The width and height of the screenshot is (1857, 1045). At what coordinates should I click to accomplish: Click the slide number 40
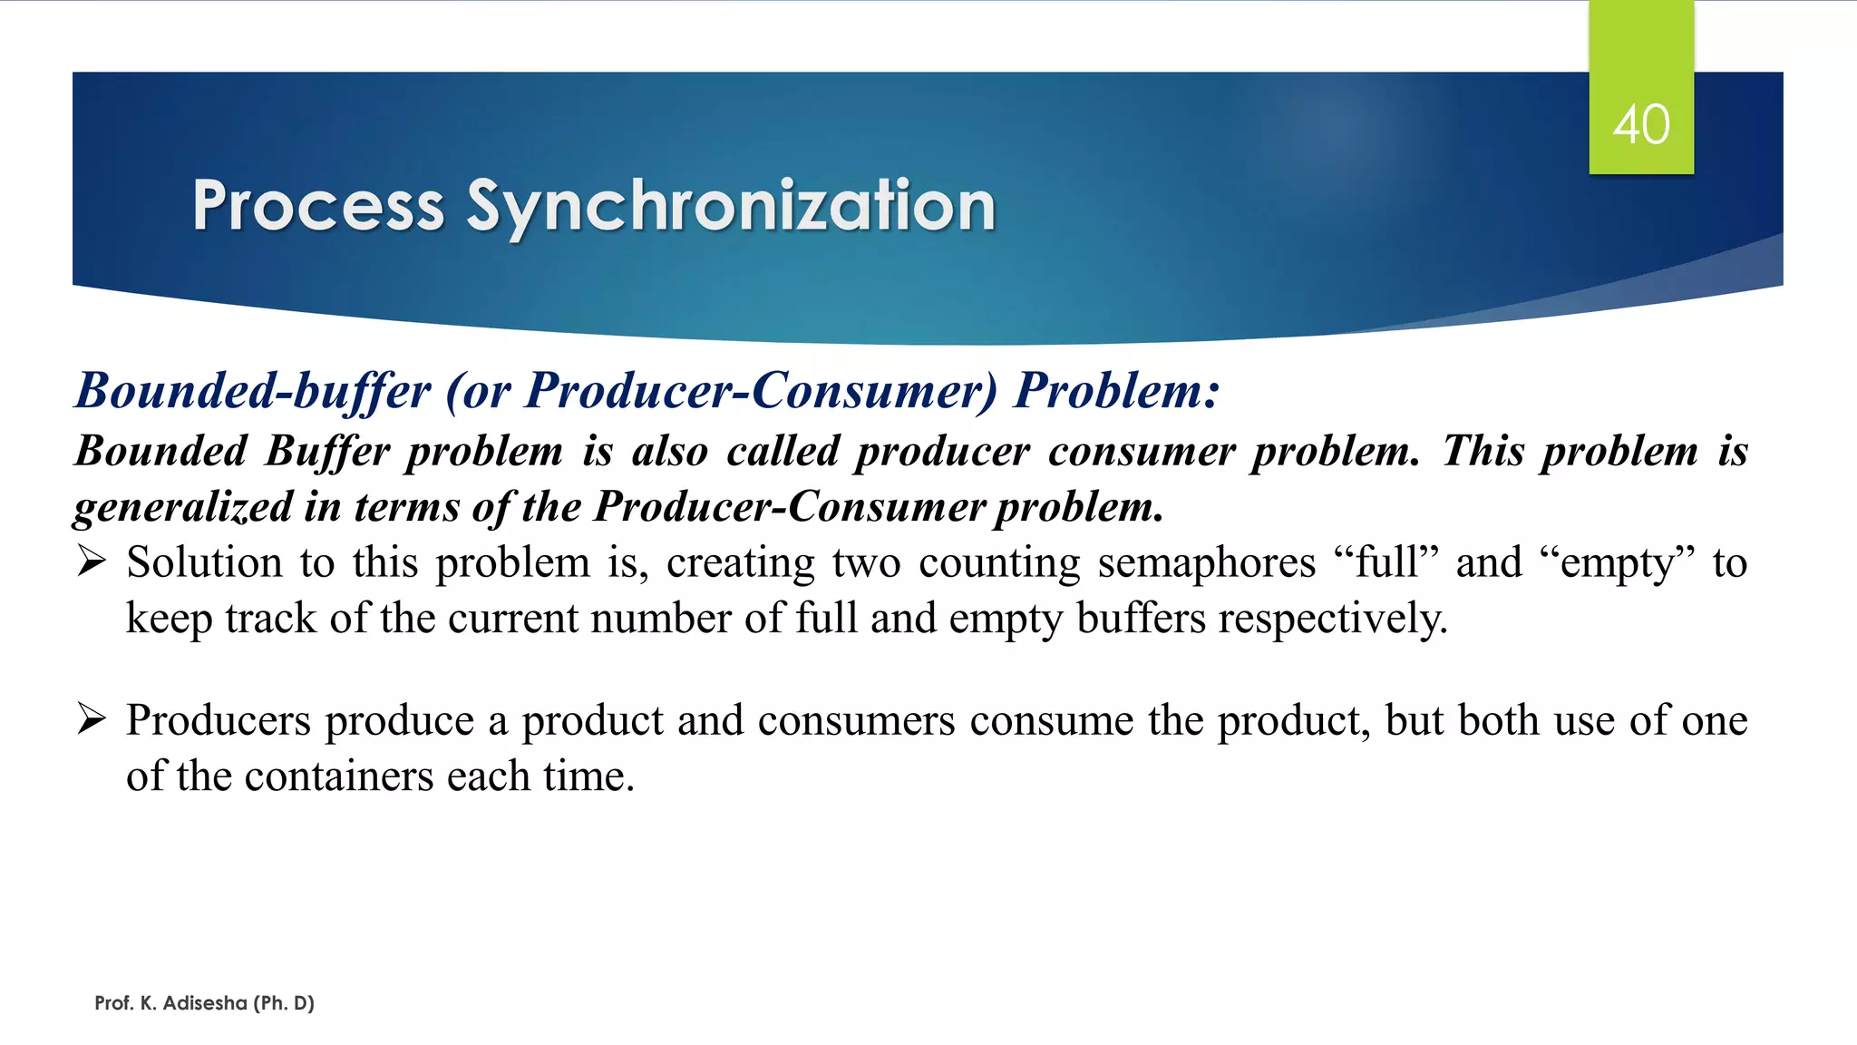(1640, 124)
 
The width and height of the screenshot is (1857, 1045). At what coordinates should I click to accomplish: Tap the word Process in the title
(317, 207)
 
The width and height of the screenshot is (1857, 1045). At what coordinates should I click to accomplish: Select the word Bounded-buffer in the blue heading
(253, 391)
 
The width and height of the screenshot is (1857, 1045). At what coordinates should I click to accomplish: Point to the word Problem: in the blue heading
(1116, 391)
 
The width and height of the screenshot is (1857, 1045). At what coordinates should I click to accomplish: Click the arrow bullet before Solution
(92, 562)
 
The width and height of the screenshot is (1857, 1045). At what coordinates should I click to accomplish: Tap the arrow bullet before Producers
(92, 719)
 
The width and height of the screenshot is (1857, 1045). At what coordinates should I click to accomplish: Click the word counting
(1000, 562)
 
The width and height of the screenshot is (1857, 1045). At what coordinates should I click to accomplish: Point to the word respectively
(1332, 619)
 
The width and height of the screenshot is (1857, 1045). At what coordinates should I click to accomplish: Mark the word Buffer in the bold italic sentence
(326, 451)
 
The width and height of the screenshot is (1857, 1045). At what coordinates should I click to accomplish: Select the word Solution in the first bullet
(204, 562)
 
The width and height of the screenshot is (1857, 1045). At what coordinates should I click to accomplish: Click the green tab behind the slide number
(1640, 54)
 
